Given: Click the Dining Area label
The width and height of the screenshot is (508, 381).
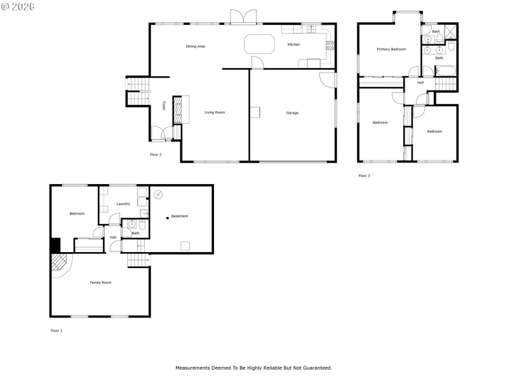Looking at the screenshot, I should pyautogui.click(x=195, y=46).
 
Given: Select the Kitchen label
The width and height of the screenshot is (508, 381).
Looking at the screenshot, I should pyautogui.click(x=293, y=44).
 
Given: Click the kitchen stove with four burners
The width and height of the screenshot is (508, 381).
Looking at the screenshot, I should pyautogui.click(x=330, y=44).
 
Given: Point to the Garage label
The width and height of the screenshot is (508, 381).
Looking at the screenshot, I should pyautogui.click(x=292, y=113).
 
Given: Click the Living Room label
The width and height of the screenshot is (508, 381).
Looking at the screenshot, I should pyautogui.click(x=215, y=112).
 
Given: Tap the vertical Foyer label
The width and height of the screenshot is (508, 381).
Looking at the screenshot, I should pyautogui.click(x=163, y=106).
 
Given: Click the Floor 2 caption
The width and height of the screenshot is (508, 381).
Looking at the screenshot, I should pyautogui.click(x=156, y=154).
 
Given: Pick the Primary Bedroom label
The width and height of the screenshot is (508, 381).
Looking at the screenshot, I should pyautogui.click(x=391, y=49).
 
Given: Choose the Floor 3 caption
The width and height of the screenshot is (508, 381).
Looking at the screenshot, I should pyautogui.click(x=364, y=175).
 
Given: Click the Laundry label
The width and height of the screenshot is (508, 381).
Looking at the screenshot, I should pyautogui.click(x=123, y=204).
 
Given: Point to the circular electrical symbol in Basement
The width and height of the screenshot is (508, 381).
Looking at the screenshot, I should pyautogui.click(x=159, y=194).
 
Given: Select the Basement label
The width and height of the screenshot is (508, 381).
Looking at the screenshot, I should pyautogui.click(x=180, y=217).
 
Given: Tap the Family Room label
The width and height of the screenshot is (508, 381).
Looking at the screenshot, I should pyautogui.click(x=100, y=282).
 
